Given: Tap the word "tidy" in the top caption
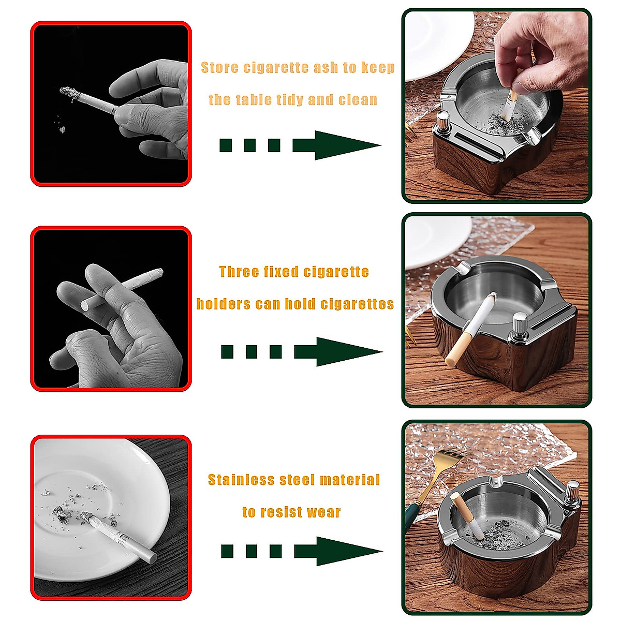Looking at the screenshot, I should point(285,100).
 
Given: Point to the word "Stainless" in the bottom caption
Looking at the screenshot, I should point(241,480).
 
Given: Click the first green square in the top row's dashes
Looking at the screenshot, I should point(226,145).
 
